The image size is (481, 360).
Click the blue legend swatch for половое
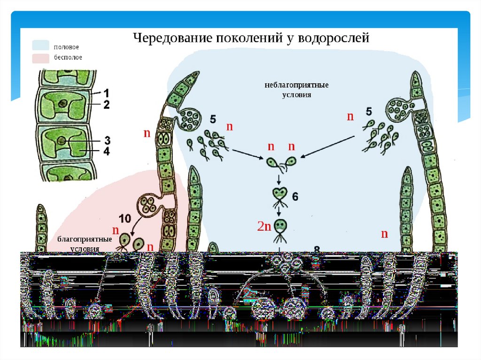tap(41, 46)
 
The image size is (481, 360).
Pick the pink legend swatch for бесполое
tap(41, 58)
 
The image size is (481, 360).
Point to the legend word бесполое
tap(68, 57)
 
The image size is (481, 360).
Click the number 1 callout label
tap(106, 92)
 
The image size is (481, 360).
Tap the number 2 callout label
tap(106, 104)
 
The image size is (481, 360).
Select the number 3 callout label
tap(107, 140)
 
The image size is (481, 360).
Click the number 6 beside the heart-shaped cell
tap(295, 197)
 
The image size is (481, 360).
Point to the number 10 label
tap(124, 219)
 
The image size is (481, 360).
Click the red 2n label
tap(264, 227)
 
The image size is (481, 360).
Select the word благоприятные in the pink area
tap(85, 239)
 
